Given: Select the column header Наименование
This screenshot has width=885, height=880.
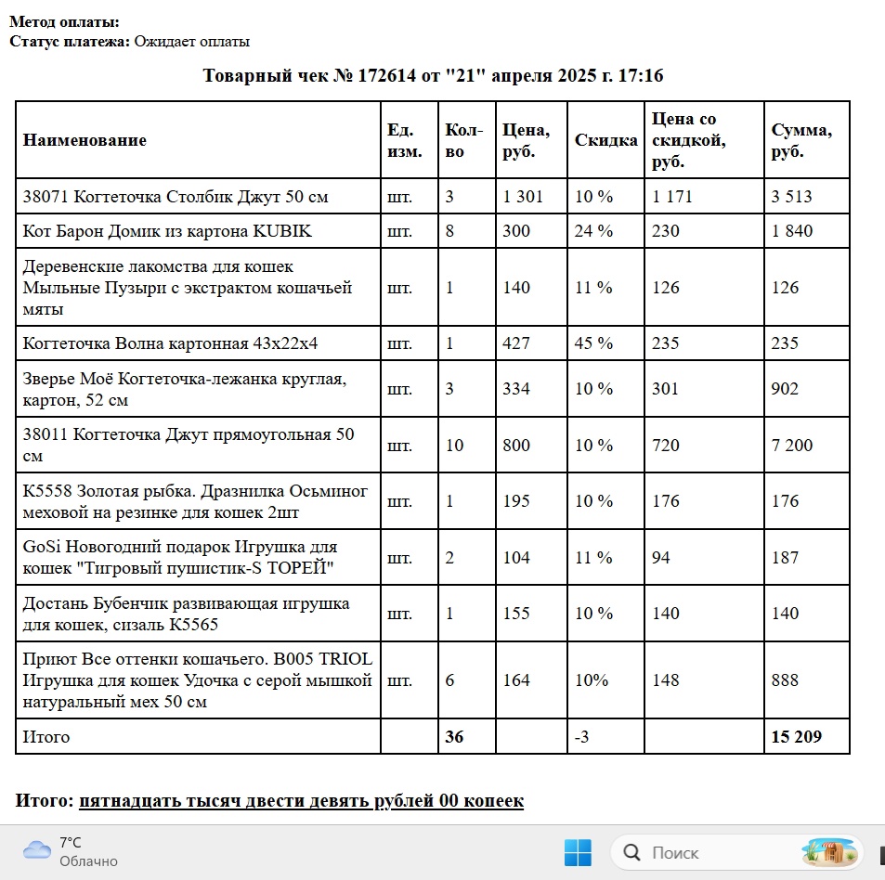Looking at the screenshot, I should click(x=85, y=140).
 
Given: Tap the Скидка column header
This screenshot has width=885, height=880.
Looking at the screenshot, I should click(x=605, y=140).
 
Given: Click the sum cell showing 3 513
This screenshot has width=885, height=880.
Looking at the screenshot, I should click(x=791, y=196).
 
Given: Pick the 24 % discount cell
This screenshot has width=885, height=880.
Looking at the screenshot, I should click(x=593, y=231).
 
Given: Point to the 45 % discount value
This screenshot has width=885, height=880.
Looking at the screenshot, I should click(x=593, y=343).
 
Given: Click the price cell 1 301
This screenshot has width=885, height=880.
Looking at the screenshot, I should click(x=522, y=196).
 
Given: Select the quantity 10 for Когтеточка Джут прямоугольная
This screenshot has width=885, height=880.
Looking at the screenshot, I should click(x=455, y=445).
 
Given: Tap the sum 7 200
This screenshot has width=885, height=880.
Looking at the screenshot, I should click(x=791, y=445).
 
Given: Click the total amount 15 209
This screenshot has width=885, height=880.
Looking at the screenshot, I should click(x=797, y=737).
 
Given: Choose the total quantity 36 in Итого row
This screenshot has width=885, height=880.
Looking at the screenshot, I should click(x=454, y=737).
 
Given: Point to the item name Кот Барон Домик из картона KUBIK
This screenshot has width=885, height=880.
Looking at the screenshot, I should click(x=167, y=231).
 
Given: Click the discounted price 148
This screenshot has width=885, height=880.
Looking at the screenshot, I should click(x=667, y=680).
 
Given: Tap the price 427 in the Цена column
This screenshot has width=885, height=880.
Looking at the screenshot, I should click(x=515, y=343).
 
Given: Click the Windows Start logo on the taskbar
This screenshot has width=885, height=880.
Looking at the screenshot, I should click(x=577, y=852).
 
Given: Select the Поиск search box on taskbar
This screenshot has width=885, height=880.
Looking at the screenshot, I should click(x=706, y=852).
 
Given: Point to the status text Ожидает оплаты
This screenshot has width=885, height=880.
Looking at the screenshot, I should click(x=191, y=42).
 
